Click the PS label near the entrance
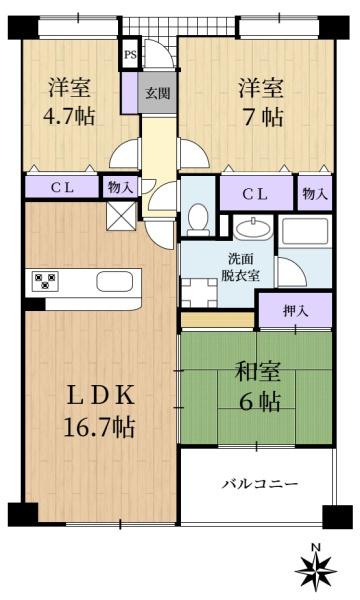pos(129,56)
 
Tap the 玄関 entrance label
pos(156,92)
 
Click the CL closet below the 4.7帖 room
pos(61,187)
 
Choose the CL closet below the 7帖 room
pos(255,193)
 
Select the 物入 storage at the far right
pos(314,193)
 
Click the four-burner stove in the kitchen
pos(45,281)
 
